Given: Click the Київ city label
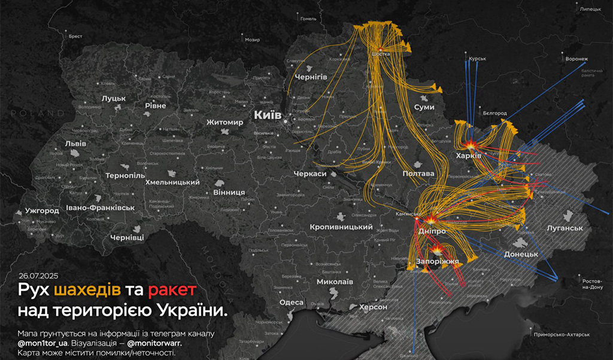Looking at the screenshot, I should [x=264, y=114].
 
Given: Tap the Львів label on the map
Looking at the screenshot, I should [x=75, y=143].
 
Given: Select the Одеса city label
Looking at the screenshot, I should [x=292, y=302].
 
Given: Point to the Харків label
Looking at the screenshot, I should [x=468, y=156].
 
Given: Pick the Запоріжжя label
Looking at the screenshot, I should [x=438, y=262].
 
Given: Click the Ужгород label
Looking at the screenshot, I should [x=42, y=211].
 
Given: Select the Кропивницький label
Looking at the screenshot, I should [x=341, y=227].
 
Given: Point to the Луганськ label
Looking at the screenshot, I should [x=565, y=228].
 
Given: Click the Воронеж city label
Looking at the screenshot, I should [x=576, y=59].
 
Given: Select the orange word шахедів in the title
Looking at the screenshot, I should [x=87, y=291].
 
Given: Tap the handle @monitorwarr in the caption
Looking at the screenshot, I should [x=154, y=343].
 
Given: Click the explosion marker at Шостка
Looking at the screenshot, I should [x=381, y=47].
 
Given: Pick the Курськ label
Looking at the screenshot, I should [x=477, y=59].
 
